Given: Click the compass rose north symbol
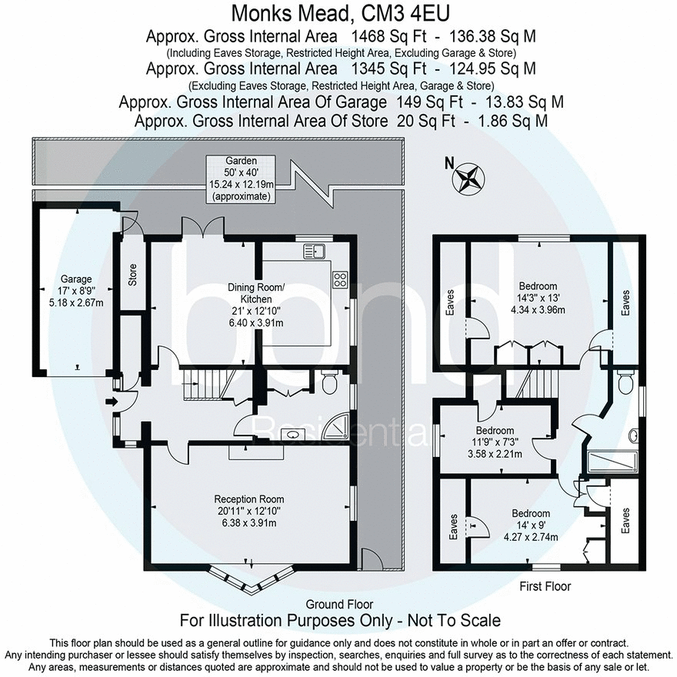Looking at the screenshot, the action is tap(469, 177).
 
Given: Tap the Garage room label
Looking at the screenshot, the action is tap(76, 291).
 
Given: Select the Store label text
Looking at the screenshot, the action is tap(132, 275).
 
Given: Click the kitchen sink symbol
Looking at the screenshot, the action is tap(314, 251).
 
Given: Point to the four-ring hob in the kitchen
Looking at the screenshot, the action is tap(340, 280).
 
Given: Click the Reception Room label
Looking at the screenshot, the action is tap(249, 511).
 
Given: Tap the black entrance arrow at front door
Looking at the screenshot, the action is tap(112, 402).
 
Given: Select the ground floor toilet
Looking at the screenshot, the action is tap(331, 382).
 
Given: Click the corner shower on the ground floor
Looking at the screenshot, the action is tap(338, 425).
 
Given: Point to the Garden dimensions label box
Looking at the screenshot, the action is tap(241, 178).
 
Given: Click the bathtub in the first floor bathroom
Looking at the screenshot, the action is tap(612, 462).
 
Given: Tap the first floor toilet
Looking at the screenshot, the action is tap(625, 382).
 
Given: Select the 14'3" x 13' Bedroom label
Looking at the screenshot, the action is tap(538, 298).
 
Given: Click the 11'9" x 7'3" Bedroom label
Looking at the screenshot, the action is tap(495, 442).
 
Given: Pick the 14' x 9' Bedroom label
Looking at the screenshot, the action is tap(531, 525).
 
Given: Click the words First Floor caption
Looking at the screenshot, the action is tap(545, 586).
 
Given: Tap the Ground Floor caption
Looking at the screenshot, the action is tap(339, 605).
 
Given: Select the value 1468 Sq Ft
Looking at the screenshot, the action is tap(389, 36).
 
